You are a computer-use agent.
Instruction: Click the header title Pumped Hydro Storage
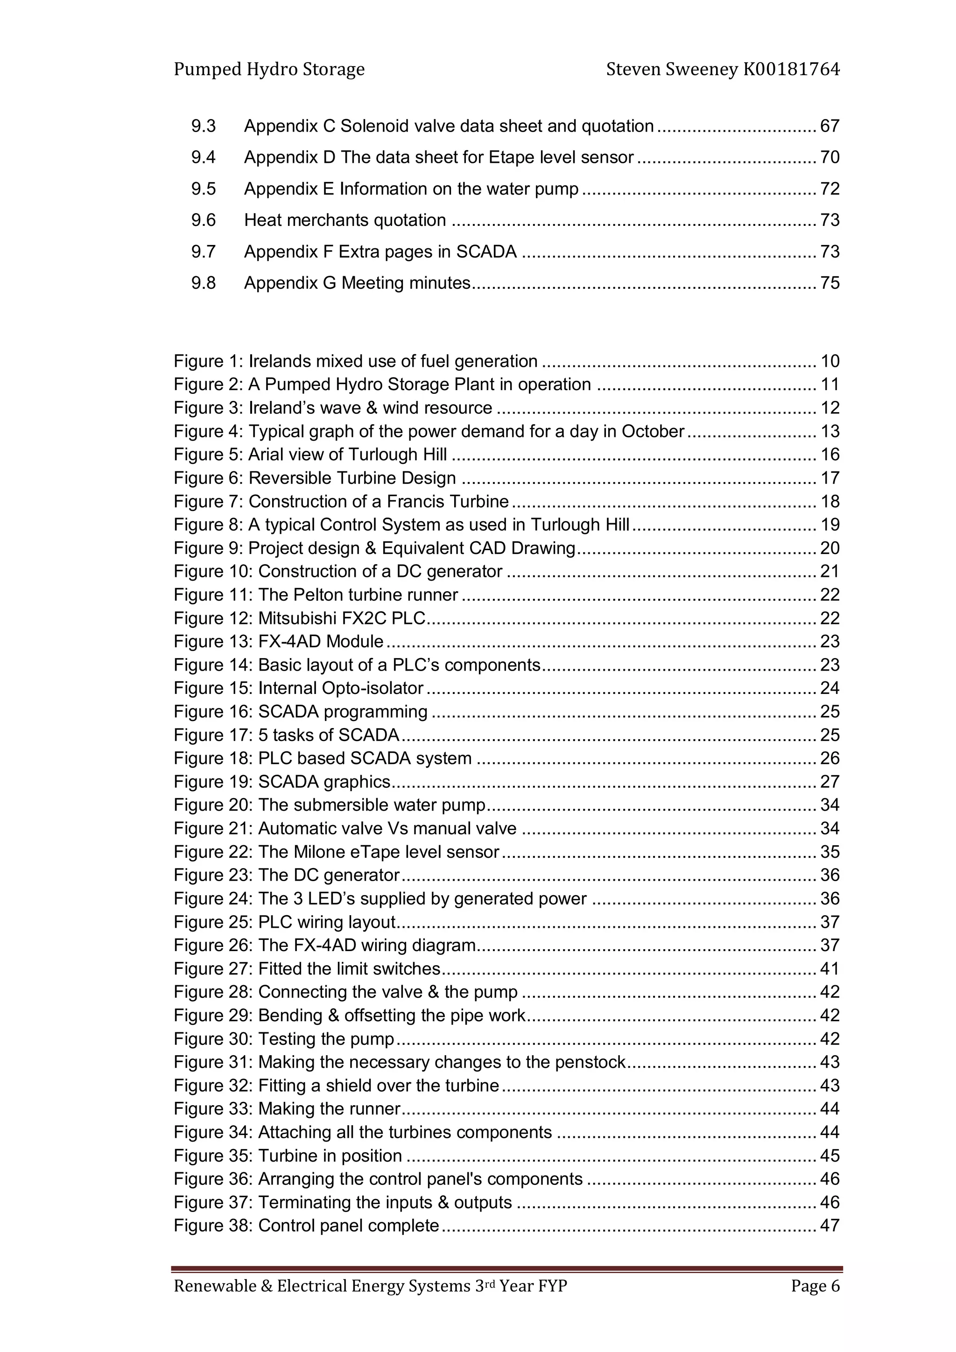coord(269,70)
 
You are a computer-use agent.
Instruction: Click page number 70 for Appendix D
coord(829,157)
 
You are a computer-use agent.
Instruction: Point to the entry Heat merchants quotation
coord(345,220)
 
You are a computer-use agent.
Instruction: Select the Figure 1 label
coord(208,361)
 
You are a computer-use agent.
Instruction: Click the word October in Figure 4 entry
coord(653,432)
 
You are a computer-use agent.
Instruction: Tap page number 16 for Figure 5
coord(829,455)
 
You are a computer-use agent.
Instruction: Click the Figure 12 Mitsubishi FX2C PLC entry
coord(299,618)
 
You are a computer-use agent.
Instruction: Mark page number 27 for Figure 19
coord(829,782)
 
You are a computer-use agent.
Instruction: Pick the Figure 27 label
coord(213,969)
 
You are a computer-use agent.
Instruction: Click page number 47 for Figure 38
coord(829,1226)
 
